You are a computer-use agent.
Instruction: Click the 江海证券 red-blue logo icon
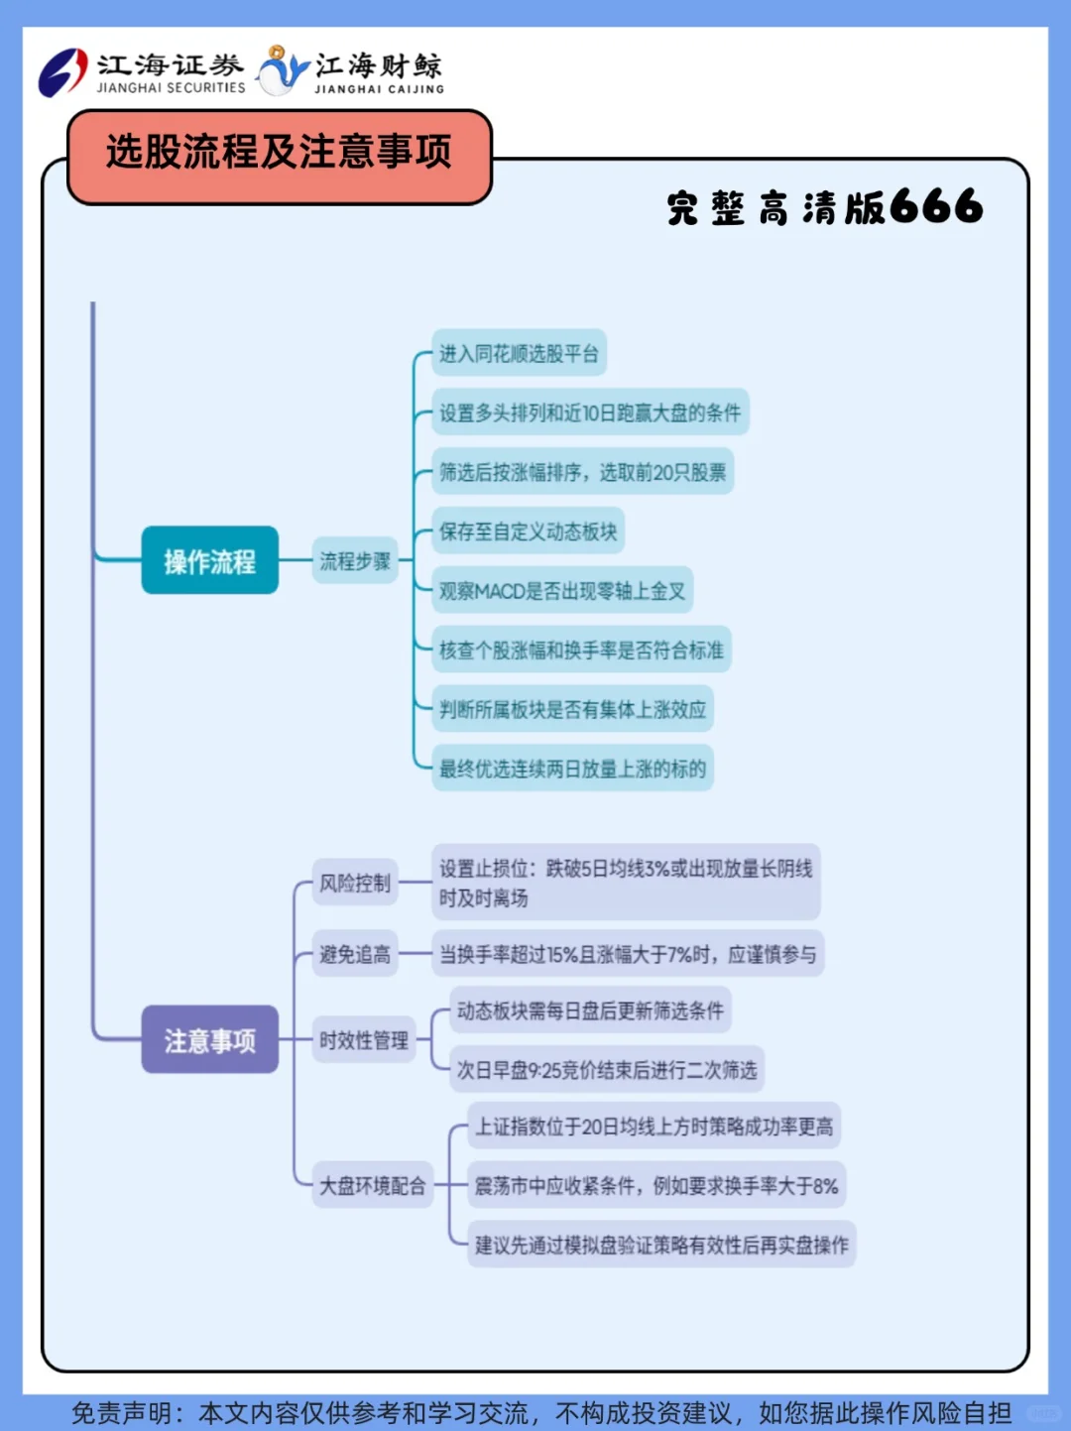(x=63, y=72)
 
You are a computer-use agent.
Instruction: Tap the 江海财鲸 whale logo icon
(x=283, y=71)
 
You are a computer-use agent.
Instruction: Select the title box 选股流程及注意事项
(x=279, y=154)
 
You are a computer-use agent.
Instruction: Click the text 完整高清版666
(x=824, y=207)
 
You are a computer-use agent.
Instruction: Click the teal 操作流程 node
(x=209, y=561)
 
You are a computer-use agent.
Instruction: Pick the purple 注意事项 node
(x=209, y=1040)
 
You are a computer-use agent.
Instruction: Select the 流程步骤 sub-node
(x=354, y=561)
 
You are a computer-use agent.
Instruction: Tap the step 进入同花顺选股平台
(x=519, y=354)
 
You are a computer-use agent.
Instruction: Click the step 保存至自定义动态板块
(x=528, y=532)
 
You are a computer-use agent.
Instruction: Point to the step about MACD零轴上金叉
(x=562, y=591)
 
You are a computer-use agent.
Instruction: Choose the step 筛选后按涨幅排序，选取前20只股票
(x=582, y=472)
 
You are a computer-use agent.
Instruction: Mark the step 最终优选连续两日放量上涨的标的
(x=572, y=769)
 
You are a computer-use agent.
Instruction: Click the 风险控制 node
(x=354, y=883)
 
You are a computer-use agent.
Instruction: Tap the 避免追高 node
(x=354, y=955)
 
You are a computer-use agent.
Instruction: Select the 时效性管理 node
(x=363, y=1040)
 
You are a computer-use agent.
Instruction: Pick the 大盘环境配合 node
(x=372, y=1186)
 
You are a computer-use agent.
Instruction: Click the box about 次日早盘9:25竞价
(x=606, y=1070)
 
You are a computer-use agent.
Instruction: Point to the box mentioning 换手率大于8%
(x=655, y=1186)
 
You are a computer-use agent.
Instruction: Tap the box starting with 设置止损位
(x=625, y=883)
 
